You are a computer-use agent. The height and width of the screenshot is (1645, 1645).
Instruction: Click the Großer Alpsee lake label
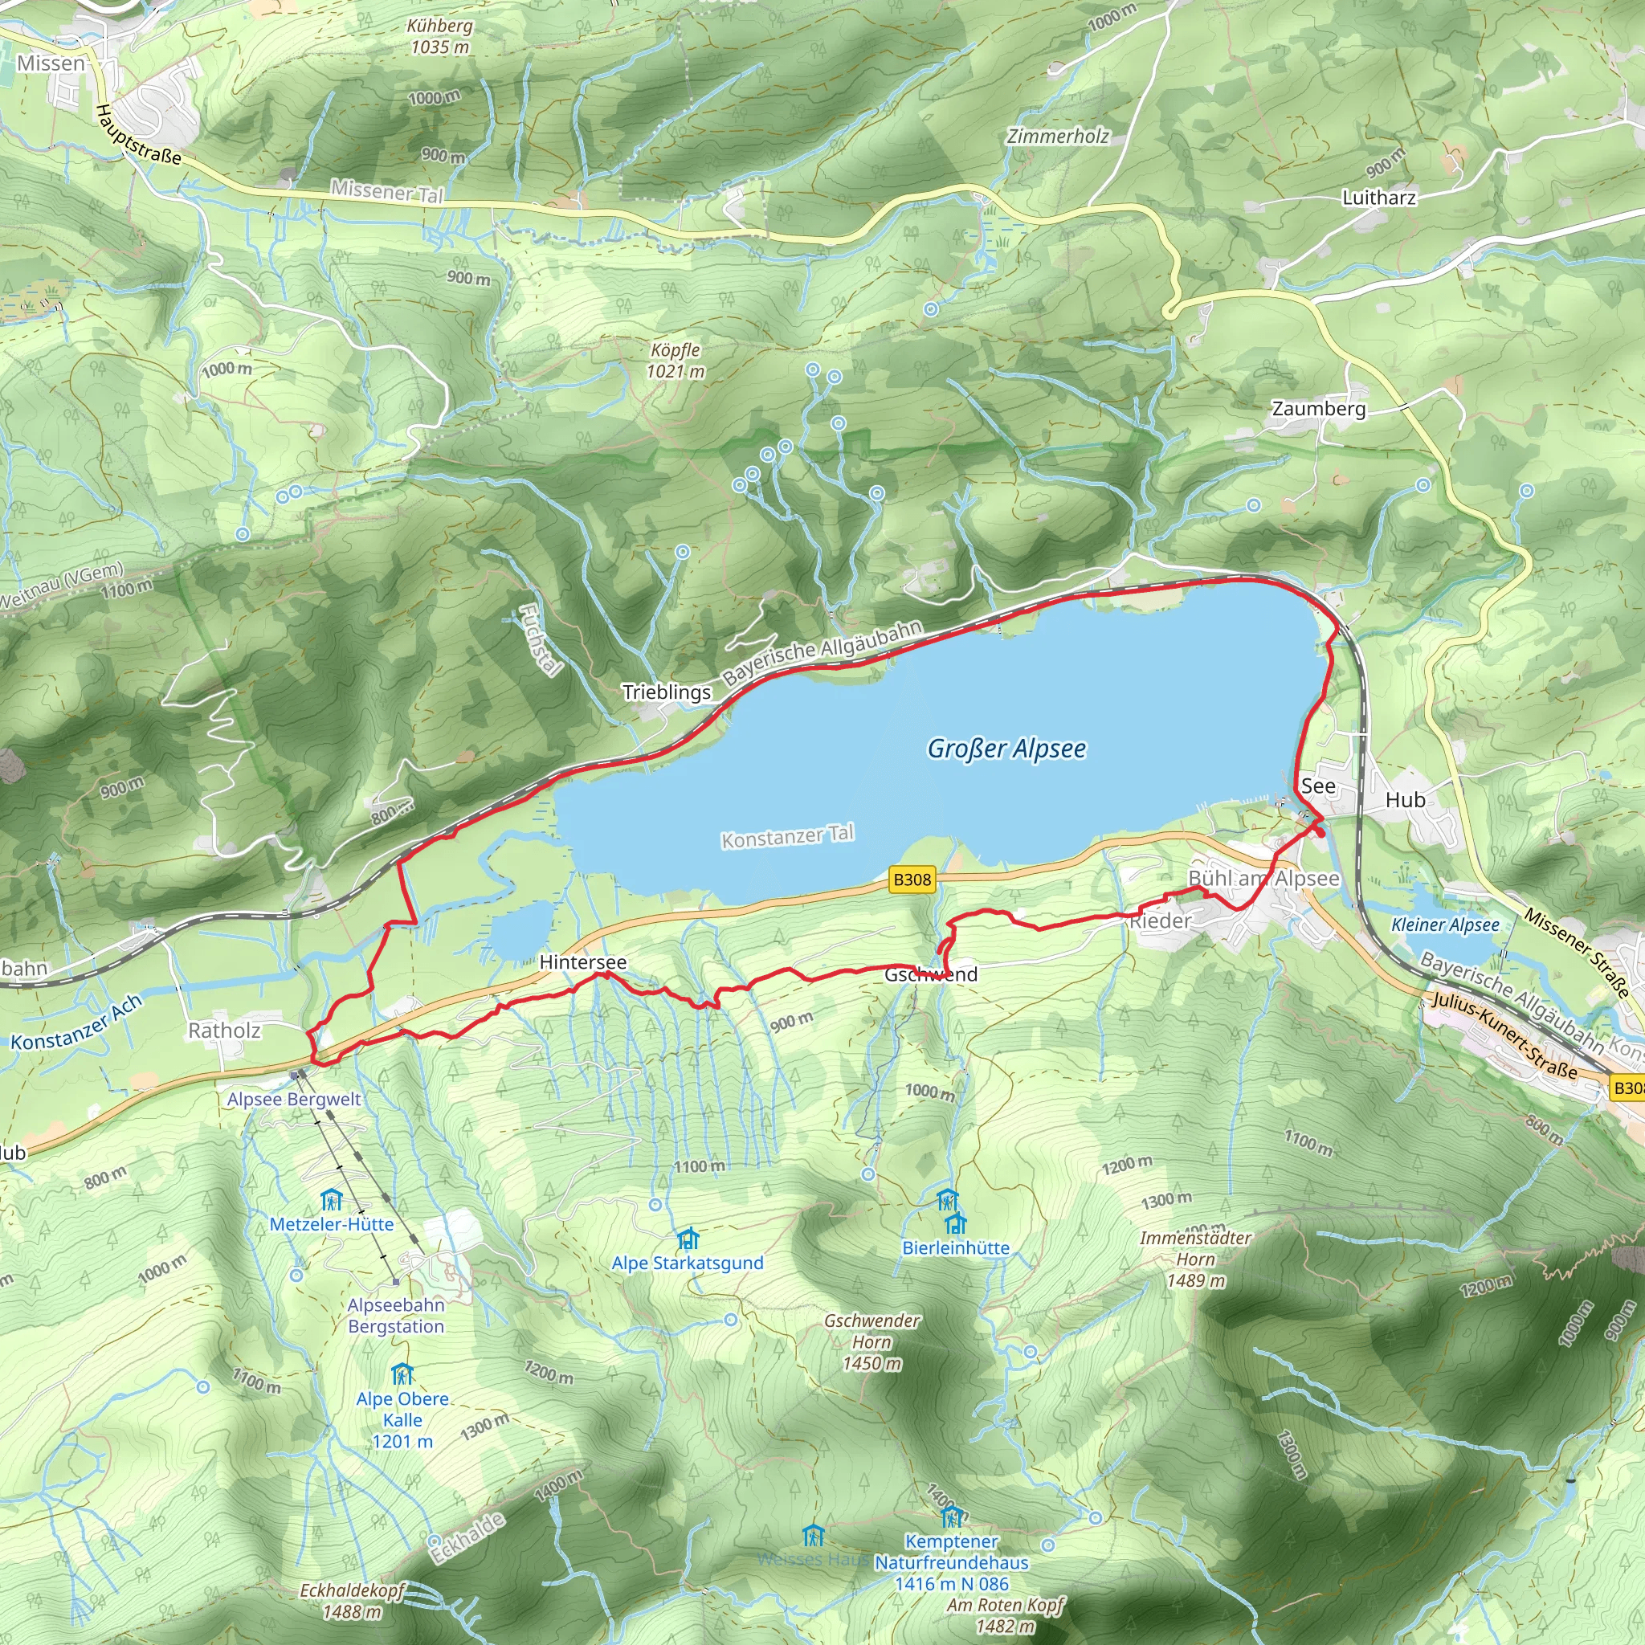tap(1006, 749)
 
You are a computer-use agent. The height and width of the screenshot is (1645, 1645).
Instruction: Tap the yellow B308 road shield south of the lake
tap(912, 880)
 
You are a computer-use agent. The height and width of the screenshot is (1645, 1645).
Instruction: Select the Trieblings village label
tap(666, 692)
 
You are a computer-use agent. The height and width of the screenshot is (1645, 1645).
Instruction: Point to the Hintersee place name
tap(582, 962)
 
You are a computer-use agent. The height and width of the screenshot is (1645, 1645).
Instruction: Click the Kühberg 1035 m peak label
tap(439, 37)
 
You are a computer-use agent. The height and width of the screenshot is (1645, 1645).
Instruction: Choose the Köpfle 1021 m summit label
tap(676, 360)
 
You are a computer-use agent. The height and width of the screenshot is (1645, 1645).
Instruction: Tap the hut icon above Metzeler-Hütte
tap(331, 1201)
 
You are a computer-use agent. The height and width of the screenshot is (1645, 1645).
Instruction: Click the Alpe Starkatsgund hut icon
tap(688, 1238)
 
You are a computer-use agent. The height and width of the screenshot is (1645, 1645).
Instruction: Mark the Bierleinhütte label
tap(955, 1248)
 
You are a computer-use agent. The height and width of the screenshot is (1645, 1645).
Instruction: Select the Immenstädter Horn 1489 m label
tap(1195, 1259)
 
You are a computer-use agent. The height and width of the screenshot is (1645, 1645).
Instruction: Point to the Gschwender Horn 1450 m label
tap(871, 1342)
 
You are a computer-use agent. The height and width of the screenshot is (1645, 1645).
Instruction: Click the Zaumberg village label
tap(1318, 409)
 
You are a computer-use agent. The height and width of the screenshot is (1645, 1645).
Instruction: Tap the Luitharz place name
tap(1378, 198)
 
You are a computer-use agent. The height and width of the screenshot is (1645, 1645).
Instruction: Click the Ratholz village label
tap(224, 1031)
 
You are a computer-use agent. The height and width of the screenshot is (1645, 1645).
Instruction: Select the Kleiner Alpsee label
tap(1445, 925)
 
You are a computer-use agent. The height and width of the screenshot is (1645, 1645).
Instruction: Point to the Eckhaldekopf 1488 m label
tap(352, 1601)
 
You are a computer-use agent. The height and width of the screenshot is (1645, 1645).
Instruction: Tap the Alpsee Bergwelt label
tap(294, 1100)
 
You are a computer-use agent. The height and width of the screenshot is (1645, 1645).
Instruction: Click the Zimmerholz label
tap(1058, 137)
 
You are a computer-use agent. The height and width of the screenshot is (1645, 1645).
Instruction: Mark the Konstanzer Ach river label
tap(76, 1023)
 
